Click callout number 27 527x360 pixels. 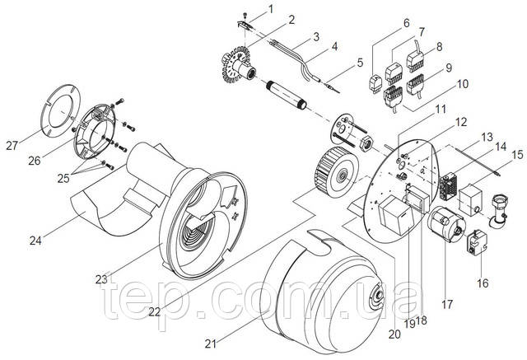12,146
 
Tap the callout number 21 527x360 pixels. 211,344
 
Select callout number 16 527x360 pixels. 483,283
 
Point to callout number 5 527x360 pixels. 360,63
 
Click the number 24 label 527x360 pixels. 35,241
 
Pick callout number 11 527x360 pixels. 440,109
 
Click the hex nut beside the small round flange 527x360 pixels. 366,144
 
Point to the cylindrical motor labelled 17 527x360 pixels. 446,223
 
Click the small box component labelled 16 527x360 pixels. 476,241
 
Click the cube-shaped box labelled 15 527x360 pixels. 470,200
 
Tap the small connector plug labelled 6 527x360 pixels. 375,83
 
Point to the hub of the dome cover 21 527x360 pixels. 376,295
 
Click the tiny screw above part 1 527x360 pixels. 245,15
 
